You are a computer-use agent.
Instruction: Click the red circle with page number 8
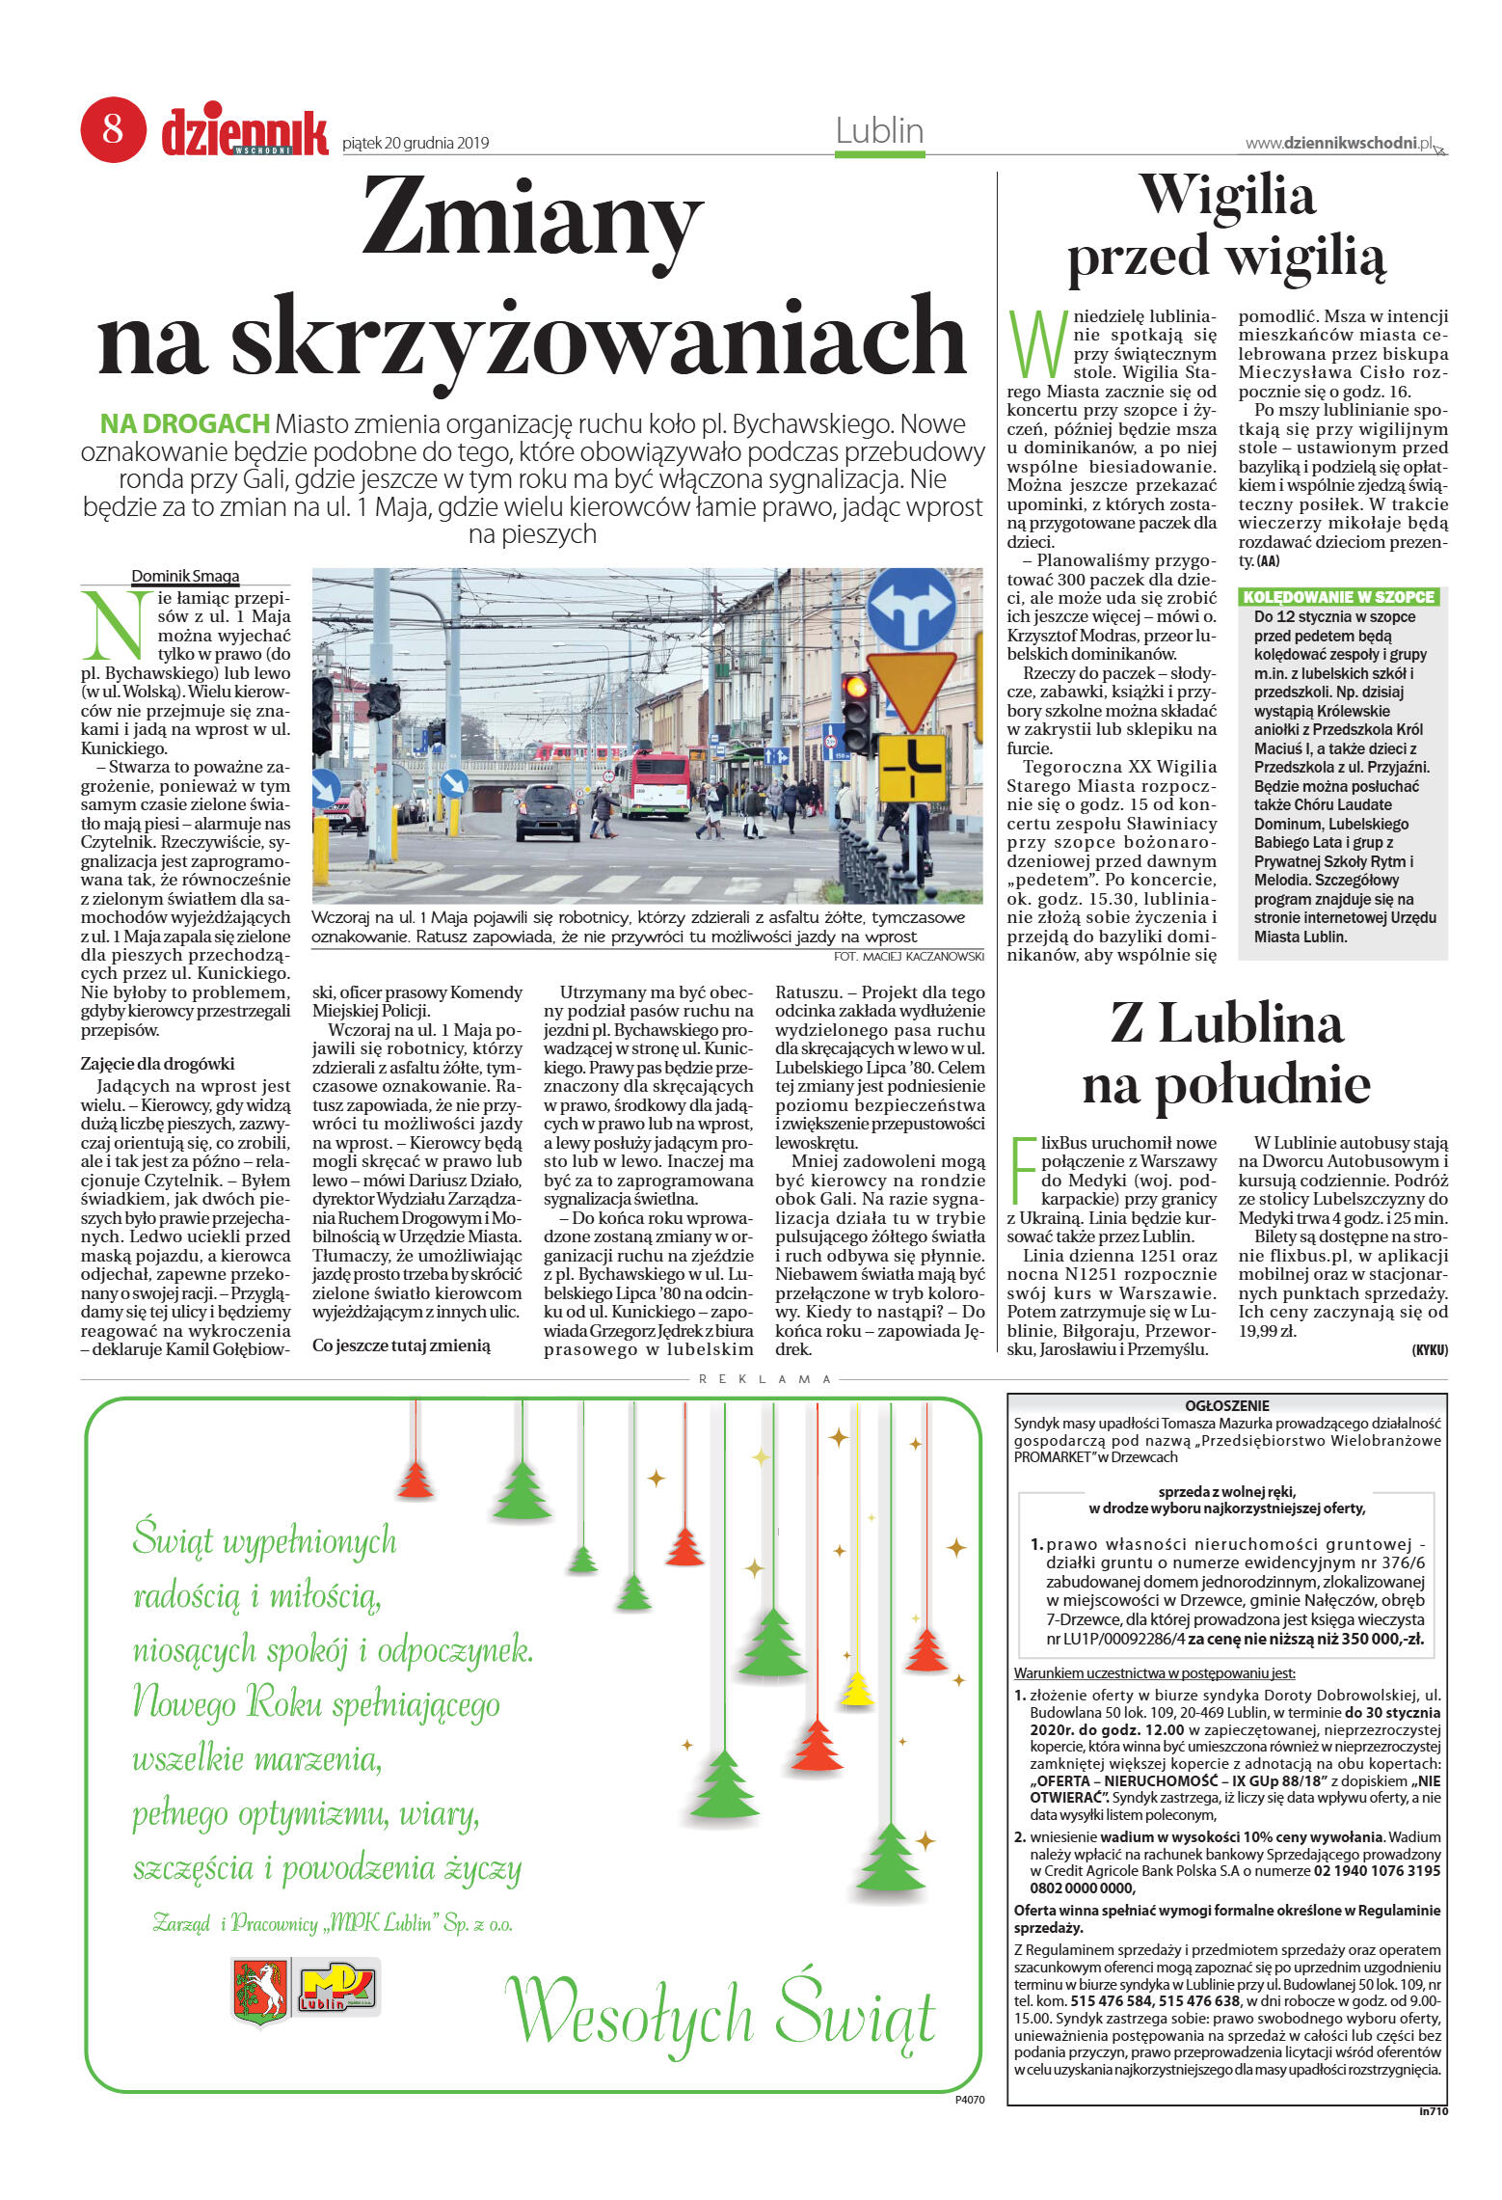click(113, 129)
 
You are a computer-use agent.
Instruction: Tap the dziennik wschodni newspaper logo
click(244, 132)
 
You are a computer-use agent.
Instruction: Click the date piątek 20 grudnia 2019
click(416, 144)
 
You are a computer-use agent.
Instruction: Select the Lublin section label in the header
click(878, 131)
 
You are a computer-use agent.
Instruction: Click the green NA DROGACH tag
click(184, 424)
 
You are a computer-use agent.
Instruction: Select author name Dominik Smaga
click(185, 577)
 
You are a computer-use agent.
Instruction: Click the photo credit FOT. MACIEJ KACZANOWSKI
click(908, 957)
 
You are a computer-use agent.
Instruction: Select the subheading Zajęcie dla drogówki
click(157, 1064)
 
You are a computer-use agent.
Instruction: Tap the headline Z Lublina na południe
click(1225, 1053)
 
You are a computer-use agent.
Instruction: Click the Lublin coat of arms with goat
click(260, 1990)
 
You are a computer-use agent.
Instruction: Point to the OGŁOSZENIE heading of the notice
click(1226, 1405)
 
